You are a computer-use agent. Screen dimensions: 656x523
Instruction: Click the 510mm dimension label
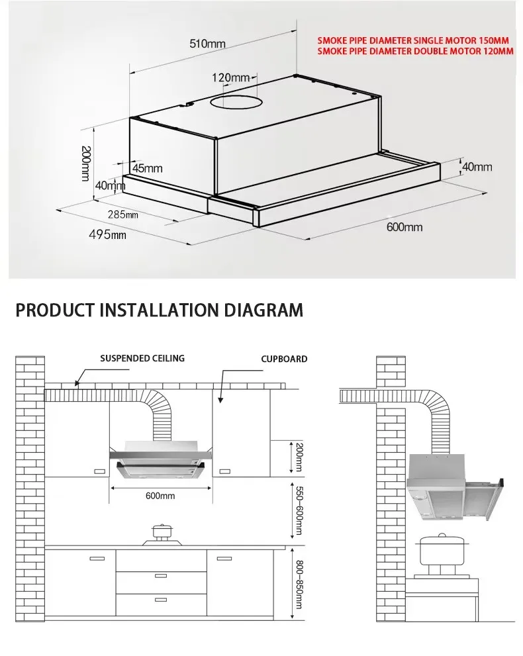[207, 44]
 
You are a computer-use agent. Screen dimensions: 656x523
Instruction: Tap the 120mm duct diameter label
[230, 78]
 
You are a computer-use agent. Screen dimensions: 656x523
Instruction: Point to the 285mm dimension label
[123, 214]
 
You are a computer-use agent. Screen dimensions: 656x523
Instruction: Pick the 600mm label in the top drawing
[404, 228]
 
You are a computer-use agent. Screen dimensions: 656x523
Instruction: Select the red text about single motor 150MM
[413, 40]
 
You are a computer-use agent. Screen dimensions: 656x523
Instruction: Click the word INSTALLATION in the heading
[175, 310]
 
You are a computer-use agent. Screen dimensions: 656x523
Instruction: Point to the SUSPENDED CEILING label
[142, 359]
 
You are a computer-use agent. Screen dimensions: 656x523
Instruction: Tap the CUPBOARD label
[284, 359]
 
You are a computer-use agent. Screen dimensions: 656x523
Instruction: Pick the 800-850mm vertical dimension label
[299, 585]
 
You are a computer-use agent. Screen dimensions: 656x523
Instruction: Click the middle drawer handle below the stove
[160, 576]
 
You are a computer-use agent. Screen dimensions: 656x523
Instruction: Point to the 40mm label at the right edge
[477, 167]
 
